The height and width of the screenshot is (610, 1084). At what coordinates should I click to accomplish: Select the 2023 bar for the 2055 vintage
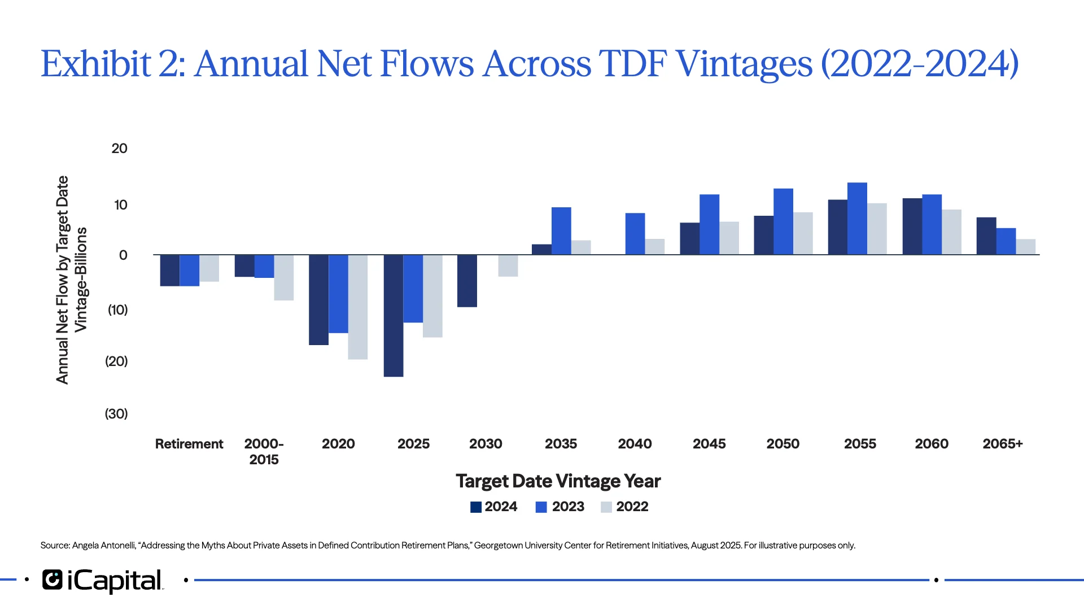(x=857, y=219)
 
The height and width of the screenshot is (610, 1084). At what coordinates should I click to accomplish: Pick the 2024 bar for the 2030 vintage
(x=467, y=281)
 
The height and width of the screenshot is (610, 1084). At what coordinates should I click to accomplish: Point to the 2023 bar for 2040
(x=635, y=234)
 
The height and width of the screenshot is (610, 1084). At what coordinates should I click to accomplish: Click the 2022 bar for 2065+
(x=1025, y=247)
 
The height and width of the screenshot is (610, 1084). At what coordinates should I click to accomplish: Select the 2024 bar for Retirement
(x=169, y=270)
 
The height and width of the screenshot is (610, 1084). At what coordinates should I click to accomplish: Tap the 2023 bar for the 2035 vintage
(x=561, y=231)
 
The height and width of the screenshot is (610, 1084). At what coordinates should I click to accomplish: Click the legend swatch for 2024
(x=476, y=507)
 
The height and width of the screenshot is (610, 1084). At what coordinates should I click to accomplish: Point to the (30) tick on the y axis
(x=116, y=414)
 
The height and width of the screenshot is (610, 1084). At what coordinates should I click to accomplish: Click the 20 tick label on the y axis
(x=119, y=149)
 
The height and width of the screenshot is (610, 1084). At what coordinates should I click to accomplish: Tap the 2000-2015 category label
(x=264, y=451)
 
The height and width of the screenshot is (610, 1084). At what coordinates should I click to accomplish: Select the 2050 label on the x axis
(x=783, y=444)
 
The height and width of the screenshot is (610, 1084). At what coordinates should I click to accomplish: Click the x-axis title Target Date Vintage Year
(x=558, y=481)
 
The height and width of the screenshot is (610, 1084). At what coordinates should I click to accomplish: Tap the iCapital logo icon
(x=53, y=580)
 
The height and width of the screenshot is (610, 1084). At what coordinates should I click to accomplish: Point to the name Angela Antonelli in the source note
(x=104, y=546)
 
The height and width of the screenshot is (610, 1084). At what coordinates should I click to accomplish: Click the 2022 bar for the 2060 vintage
(x=951, y=232)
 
